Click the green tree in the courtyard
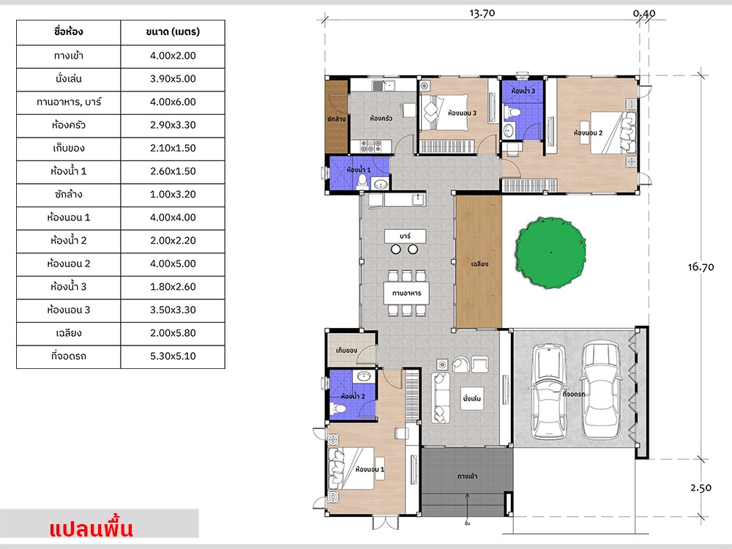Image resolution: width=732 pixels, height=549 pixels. click(551, 252)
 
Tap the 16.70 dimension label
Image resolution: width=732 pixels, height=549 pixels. click(701, 267)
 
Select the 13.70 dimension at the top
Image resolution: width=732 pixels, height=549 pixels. click(482, 13)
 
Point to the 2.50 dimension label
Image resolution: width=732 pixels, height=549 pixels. click(701, 488)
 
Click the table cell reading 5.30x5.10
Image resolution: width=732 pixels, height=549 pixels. click(173, 356)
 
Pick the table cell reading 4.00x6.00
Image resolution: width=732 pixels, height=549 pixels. click(173, 102)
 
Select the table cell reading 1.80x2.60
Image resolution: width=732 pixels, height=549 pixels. click(173, 287)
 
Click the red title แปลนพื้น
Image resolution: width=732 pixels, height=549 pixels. click(91, 528)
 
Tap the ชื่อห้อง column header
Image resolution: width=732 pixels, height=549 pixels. click(69, 31)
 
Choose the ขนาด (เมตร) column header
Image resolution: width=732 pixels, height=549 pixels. click(173, 31)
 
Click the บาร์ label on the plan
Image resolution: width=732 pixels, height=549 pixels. click(406, 236)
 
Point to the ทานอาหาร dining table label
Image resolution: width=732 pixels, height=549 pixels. click(406, 294)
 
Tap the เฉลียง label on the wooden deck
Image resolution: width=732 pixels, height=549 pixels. click(479, 264)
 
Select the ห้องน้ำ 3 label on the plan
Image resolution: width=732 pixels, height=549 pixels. click(523, 91)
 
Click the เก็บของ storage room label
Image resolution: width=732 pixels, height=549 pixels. click(346, 350)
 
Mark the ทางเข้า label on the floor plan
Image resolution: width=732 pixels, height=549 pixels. click(467, 477)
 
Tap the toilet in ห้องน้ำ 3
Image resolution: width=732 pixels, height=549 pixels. click(512, 112)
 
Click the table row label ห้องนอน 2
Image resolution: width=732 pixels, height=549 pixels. click(69, 264)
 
